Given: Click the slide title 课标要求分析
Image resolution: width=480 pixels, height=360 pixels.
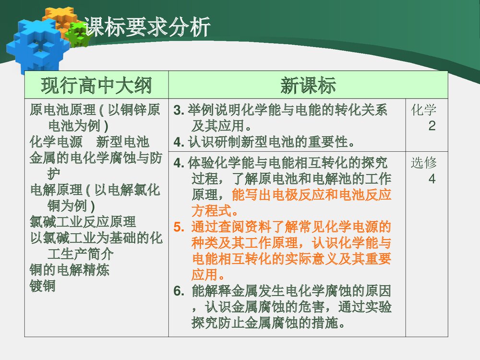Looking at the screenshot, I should coord(147,27).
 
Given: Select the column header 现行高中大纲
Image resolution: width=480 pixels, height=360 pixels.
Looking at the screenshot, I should coord(96,85).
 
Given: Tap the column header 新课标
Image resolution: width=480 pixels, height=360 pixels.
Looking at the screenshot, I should coord(308,85).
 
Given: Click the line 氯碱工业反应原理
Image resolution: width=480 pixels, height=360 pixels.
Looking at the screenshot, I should coord(83,222).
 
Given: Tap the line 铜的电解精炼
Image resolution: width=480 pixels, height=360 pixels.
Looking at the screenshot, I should coord(69,270).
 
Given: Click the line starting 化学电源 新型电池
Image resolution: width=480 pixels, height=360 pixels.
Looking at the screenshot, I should coord(89,142).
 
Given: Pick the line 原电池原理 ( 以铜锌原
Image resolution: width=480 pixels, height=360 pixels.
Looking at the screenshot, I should coord(95,110).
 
